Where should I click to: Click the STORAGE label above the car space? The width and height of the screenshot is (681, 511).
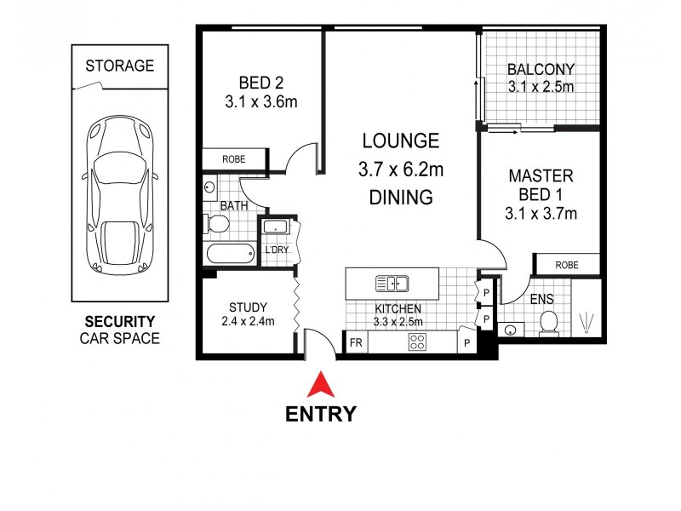[x=120, y=66]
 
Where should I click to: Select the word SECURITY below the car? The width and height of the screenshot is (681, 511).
[x=119, y=322]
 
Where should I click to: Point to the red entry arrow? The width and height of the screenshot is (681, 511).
[x=320, y=385]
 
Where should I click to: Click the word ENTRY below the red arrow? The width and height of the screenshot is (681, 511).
[x=320, y=415]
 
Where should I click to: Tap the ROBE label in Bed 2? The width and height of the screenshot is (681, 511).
[x=234, y=159]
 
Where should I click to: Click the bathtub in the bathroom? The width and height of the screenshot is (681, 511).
[x=229, y=253]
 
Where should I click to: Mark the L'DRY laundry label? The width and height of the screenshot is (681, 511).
[x=277, y=250]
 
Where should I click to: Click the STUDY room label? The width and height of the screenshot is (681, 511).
[x=249, y=307]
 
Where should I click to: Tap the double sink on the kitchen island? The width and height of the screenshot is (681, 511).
[x=392, y=284]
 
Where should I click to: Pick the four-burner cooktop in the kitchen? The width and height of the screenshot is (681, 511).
[x=418, y=342]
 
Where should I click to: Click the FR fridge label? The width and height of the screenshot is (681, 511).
[x=356, y=343]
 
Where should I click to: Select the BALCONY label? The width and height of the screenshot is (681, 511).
[x=541, y=70]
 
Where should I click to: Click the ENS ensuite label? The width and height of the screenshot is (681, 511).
[x=541, y=299]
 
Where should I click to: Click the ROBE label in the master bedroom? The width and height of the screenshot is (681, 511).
[x=567, y=265]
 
